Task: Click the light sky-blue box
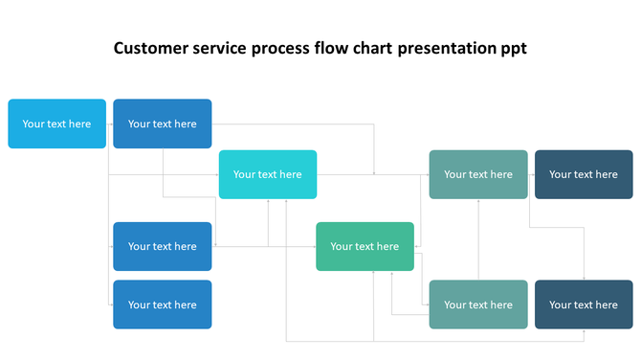(57, 124)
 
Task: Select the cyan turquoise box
(268, 174)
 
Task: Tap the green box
(365, 246)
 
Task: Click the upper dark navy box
(584, 174)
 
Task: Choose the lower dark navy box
(584, 304)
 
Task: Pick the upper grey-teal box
(478, 174)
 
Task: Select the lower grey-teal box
(478, 304)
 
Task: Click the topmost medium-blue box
(163, 124)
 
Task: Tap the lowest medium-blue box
(163, 304)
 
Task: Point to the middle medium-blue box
(163, 246)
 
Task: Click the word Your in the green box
(342, 246)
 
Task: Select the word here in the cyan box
(290, 174)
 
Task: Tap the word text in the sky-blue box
(57, 124)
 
